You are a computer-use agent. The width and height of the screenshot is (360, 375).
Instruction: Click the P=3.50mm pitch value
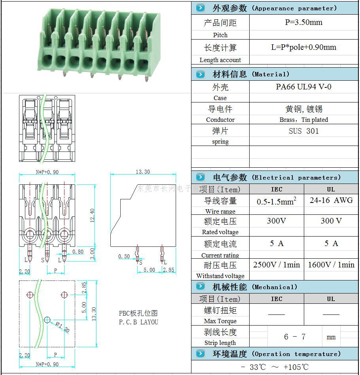(x=303, y=23)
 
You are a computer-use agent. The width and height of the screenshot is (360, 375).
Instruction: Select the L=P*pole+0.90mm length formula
(x=303, y=47)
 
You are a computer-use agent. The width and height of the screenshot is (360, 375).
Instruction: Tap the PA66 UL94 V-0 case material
(x=303, y=87)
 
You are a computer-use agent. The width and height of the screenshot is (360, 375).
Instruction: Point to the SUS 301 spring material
(x=303, y=131)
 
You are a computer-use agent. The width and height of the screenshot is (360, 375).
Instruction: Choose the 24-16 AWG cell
(x=331, y=200)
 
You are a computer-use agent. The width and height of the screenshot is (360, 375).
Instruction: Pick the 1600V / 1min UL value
(x=331, y=265)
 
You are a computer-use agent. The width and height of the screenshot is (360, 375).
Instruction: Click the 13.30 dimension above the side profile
(x=142, y=172)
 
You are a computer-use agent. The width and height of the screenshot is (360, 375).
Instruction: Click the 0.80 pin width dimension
(x=78, y=252)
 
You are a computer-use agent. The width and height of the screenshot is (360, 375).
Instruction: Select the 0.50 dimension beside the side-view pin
(x=124, y=256)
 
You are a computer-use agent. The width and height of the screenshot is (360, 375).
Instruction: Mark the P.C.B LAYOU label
(x=138, y=322)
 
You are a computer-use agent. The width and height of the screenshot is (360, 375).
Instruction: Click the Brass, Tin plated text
(x=303, y=120)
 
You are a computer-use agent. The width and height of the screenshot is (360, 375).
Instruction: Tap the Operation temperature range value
(x=275, y=367)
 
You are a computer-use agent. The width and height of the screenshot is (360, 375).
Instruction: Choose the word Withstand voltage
(x=220, y=276)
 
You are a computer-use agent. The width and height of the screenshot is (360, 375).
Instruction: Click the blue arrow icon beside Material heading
(x=201, y=74)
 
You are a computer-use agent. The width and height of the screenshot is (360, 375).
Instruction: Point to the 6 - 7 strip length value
(x=295, y=337)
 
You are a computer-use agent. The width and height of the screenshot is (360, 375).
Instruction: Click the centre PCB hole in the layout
(x=47, y=320)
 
